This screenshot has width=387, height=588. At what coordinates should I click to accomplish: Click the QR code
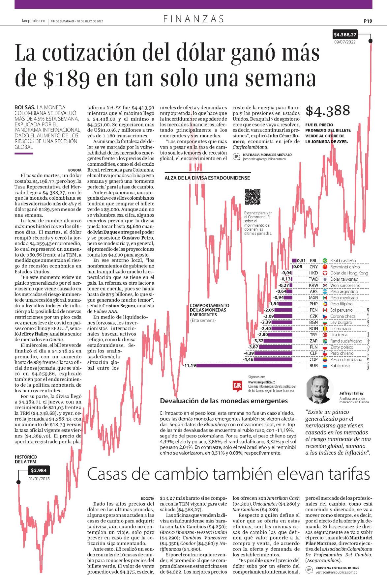point(253,197)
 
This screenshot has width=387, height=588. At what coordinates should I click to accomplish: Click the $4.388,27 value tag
point(345,34)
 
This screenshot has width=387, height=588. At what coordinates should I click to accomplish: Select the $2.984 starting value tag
point(39,470)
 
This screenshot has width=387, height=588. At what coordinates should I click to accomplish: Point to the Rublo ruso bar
point(244,365)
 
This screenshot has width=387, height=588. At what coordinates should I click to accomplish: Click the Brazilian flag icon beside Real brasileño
point(325,261)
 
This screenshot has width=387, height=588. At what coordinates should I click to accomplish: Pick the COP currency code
point(313,359)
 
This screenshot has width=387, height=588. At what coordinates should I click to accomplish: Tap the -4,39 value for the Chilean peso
point(249,353)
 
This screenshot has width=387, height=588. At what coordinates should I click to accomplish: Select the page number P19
point(368,21)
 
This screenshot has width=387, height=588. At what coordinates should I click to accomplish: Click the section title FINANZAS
point(194,19)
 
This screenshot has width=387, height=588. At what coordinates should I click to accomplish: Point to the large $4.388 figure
point(328,110)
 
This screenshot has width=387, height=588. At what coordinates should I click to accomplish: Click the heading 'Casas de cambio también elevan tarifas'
point(228,474)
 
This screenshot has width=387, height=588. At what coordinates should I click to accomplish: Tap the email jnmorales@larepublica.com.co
point(264,159)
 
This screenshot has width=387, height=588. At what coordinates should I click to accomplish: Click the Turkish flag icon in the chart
point(325,335)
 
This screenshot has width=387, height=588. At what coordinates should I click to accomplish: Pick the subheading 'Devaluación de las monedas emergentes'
point(224,401)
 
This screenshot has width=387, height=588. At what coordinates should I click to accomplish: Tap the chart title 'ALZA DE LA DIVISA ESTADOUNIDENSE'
point(207,178)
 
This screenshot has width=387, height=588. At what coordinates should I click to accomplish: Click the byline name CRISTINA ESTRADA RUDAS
point(337,568)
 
